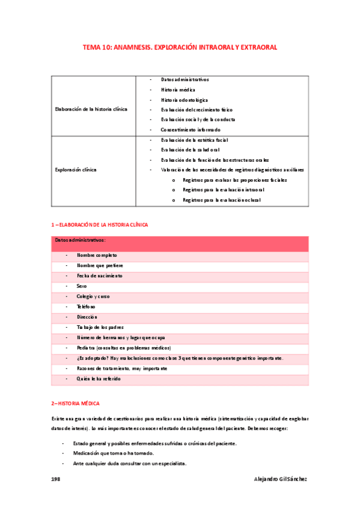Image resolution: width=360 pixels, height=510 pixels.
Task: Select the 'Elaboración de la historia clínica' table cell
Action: (91, 109)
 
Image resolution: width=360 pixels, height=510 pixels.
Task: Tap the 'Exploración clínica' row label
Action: (76, 170)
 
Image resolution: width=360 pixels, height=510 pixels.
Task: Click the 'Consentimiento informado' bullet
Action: (191, 129)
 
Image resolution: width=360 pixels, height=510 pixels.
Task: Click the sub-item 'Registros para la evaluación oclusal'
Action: (221, 200)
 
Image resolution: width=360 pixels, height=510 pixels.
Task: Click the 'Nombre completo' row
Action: (97, 256)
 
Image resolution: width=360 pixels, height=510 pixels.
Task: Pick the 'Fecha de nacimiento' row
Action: (99, 275)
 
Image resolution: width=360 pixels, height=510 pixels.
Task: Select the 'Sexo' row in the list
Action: (82, 286)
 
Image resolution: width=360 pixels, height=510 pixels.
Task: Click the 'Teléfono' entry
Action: (86, 307)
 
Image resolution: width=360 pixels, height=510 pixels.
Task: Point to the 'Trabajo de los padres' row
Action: (100, 327)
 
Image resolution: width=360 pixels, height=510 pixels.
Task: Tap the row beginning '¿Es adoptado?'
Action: (180, 358)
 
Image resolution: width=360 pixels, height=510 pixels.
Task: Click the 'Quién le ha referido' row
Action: (99, 379)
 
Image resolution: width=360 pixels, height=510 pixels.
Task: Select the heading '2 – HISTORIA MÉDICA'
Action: (75, 402)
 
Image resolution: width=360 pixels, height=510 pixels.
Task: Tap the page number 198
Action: (56, 479)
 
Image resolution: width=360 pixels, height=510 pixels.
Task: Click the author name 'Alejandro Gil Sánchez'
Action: (281, 479)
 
